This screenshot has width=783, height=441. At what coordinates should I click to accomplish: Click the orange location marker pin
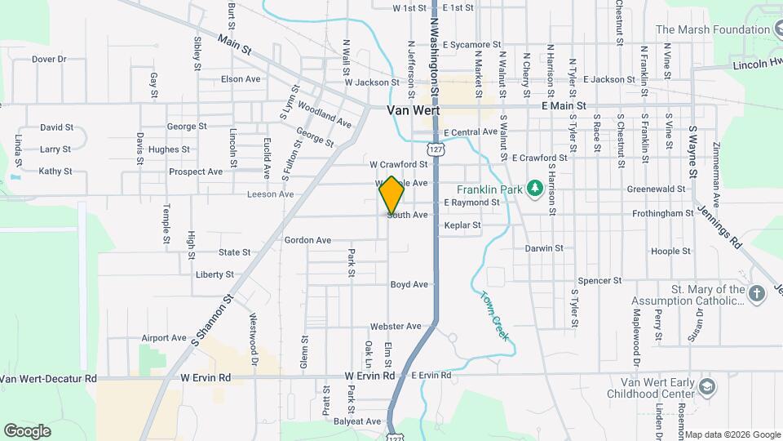pos(391,195)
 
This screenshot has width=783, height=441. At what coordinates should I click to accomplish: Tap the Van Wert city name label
pos(414,110)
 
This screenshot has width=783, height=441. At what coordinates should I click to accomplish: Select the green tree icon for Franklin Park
pos(534,189)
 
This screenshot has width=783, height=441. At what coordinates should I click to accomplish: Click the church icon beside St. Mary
pos(756,294)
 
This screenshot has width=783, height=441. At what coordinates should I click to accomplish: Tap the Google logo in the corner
pos(27,430)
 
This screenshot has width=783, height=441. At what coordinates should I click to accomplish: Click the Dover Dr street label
pos(49,59)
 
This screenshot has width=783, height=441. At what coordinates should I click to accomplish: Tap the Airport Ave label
pos(164,338)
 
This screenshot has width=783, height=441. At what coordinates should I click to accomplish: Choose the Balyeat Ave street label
pos(357,421)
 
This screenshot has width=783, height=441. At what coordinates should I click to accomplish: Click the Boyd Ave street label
pos(409,285)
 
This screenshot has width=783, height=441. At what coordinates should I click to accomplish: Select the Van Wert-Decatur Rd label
pos(48,379)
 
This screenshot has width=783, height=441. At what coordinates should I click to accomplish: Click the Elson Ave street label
pos(241,79)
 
